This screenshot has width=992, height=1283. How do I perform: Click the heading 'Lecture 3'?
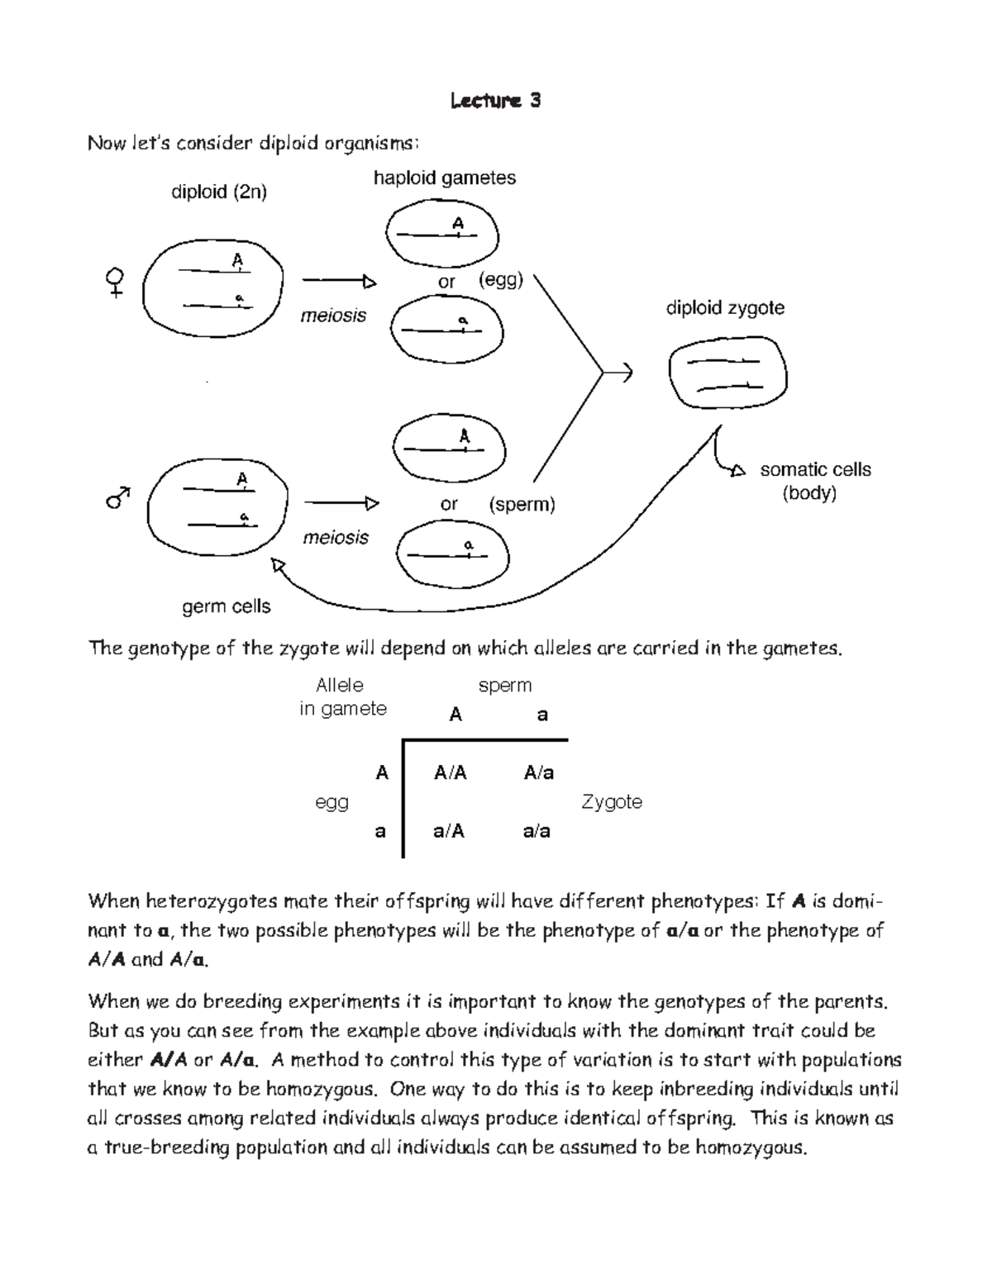coord(495,101)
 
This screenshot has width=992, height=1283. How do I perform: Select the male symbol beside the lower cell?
coord(118,497)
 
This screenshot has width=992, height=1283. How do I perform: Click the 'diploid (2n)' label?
coord(218,192)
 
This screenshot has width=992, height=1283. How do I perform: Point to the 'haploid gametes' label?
coord(444,178)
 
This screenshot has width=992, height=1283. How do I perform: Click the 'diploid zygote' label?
coord(725,308)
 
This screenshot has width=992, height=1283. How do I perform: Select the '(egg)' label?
coord(500,280)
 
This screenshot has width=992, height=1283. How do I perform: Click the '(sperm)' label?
coord(522,504)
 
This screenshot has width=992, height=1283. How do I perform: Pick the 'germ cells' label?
coord(226,606)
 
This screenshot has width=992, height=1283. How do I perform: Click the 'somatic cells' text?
coord(815,469)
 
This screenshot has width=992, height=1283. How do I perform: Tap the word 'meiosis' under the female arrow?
coord(333,316)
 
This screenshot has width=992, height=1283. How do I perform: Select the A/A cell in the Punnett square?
coord(451,772)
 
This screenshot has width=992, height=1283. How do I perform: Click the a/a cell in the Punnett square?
coord(537,831)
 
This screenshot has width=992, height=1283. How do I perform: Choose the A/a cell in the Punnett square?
coord(538,772)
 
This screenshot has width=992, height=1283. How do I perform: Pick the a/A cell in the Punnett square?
coord(449,831)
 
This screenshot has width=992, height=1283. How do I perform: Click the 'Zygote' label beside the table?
coord(612,801)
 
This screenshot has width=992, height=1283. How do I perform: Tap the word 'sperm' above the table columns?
coord(504,685)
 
